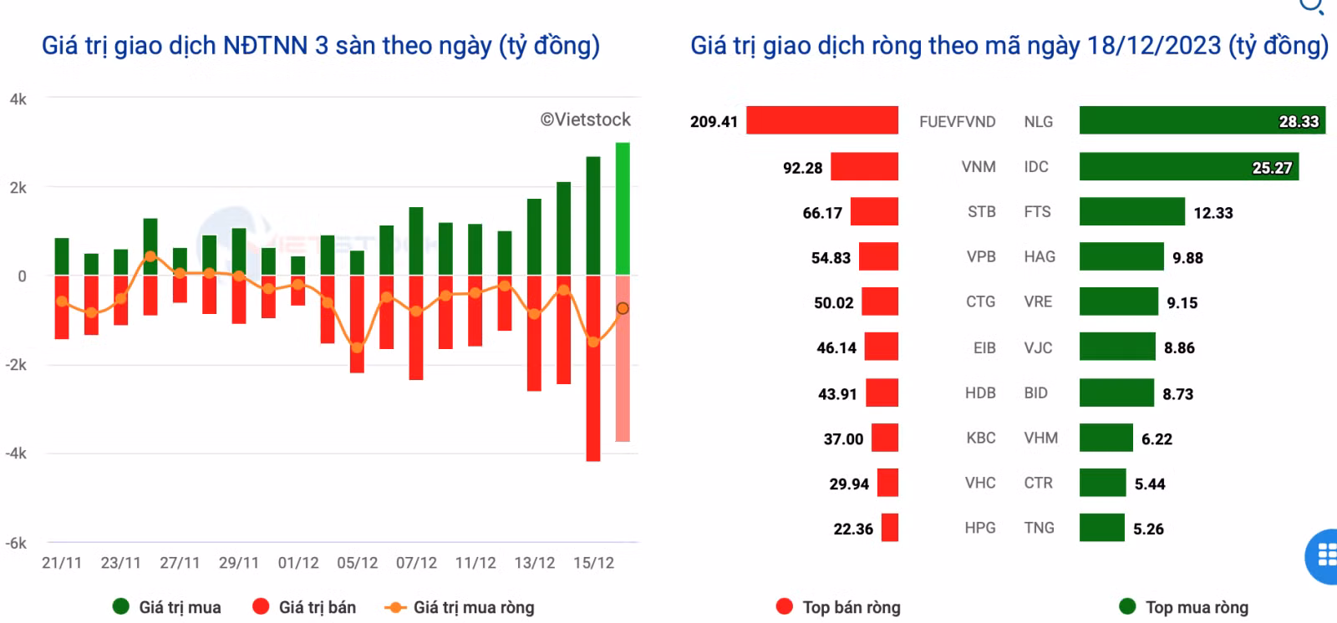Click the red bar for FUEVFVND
(x=822, y=120)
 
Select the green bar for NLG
(x=1202, y=120)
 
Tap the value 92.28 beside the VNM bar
(x=802, y=168)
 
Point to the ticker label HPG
(x=980, y=528)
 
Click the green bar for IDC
(x=1189, y=166)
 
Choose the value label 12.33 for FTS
(x=1212, y=213)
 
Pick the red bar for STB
(x=874, y=211)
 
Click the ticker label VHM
(x=1041, y=438)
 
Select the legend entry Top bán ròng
(x=838, y=607)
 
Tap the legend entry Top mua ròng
(x=1183, y=607)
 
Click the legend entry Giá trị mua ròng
(x=460, y=607)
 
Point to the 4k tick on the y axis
(x=18, y=99)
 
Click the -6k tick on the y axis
(x=16, y=543)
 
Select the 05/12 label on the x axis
(x=357, y=563)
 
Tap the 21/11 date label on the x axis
(x=62, y=563)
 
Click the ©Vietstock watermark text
(x=585, y=119)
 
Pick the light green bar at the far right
(x=623, y=209)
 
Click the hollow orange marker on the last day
(x=623, y=308)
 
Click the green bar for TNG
(x=1102, y=528)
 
